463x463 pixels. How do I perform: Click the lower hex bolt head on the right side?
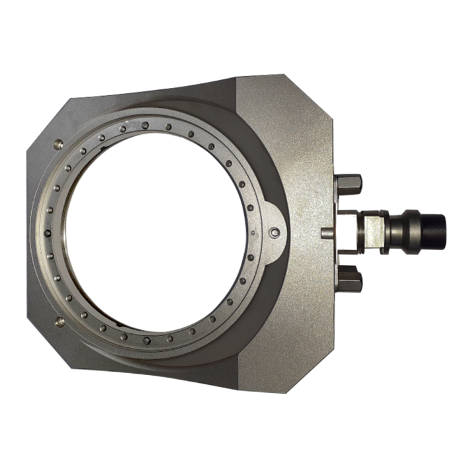[350, 277]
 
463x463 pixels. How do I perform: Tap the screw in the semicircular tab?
[275, 232]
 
